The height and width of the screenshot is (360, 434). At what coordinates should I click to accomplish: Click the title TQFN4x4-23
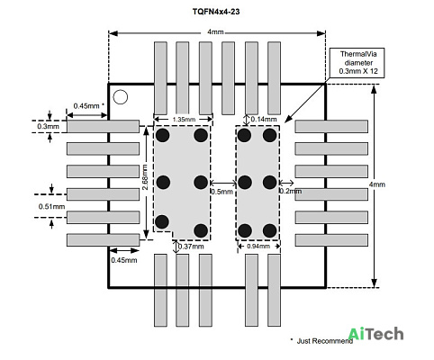[216, 12]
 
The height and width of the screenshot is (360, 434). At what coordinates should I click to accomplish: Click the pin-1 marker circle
[121, 97]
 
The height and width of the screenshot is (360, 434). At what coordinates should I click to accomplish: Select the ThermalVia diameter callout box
[357, 63]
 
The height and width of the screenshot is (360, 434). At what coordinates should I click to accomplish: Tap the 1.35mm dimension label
[184, 120]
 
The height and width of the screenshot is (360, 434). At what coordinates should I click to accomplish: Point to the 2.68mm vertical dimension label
[145, 177]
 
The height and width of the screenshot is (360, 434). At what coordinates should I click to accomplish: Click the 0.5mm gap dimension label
[222, 192]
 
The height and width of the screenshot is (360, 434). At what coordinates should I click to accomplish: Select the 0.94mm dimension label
[258, 247]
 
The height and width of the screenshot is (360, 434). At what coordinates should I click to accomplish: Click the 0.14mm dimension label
[264, 120]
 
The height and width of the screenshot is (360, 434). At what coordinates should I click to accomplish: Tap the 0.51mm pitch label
[51, 207]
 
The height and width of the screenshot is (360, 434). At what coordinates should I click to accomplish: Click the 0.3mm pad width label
[48, 126]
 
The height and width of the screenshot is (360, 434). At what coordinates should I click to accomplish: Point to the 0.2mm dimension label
[291, 191]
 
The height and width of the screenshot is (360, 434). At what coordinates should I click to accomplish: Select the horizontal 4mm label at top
[215, 31]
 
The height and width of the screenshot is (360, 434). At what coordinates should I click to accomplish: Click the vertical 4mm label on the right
[377, 184]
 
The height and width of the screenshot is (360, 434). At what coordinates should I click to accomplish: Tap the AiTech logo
[375, 334]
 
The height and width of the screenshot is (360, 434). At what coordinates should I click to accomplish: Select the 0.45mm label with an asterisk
[89, 105]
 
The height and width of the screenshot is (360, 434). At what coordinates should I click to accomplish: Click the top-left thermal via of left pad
[163, 135]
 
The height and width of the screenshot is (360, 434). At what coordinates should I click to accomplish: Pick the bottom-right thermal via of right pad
[269, 230]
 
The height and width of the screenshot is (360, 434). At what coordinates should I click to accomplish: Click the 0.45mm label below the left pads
[124, 260]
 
